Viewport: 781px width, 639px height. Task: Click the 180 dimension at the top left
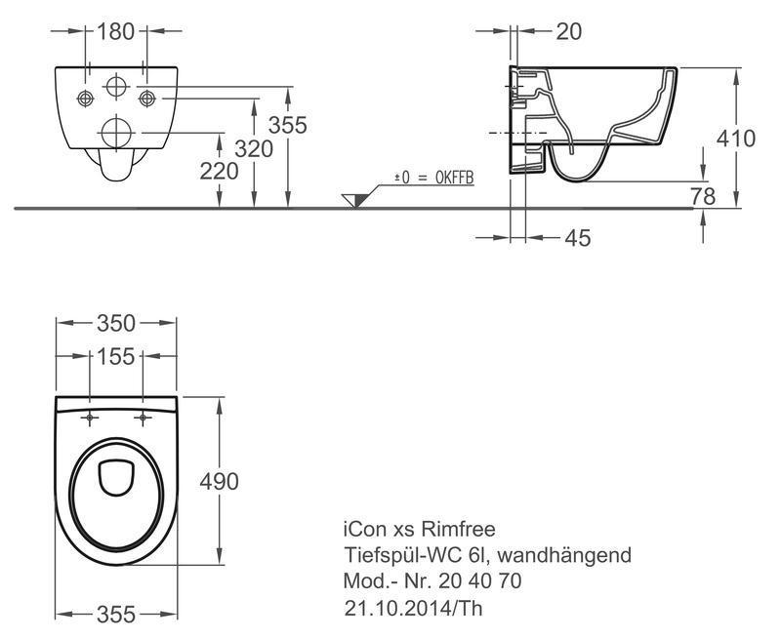[115, 32]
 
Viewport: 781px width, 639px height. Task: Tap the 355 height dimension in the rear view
[287, 125]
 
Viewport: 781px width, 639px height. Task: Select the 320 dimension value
[254, 149]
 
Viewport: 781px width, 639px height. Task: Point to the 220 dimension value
[219, 172]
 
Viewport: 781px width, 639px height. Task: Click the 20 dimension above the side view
[568, 32]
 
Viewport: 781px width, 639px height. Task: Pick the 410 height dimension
[736, 139]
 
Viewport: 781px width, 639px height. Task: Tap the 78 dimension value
[703, 196]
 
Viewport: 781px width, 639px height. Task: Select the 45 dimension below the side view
[578, 238]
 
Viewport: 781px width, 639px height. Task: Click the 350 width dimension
[116, 324]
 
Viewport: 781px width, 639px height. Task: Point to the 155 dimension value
[115, 357]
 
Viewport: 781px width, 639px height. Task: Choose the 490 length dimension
[219, 482]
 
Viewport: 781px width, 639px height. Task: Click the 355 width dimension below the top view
[116, 615]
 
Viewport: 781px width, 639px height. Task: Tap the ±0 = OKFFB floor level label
[433, 179]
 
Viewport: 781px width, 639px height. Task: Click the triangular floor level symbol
[355, 201]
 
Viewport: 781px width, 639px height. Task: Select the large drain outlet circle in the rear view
[116, 133]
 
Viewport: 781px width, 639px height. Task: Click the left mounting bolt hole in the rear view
[85, 98]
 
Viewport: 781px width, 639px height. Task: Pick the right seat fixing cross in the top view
[143, 418]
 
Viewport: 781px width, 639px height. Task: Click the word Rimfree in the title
[458, 529]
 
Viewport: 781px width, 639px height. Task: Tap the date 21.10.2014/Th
[413, 608]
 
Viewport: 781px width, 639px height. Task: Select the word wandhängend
[564, 555]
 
